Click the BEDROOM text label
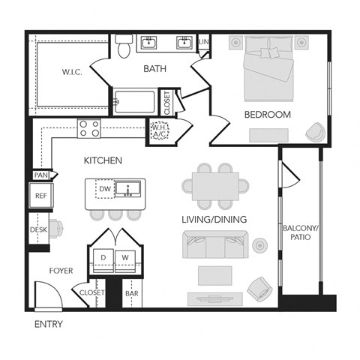point(267,115)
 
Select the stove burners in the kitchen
point(90,128)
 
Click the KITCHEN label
point(103,160)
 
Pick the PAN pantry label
point(40,175)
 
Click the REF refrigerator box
point(40,196)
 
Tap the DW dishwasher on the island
point(106,190)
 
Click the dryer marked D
point(103,257)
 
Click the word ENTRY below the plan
point(49,325)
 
